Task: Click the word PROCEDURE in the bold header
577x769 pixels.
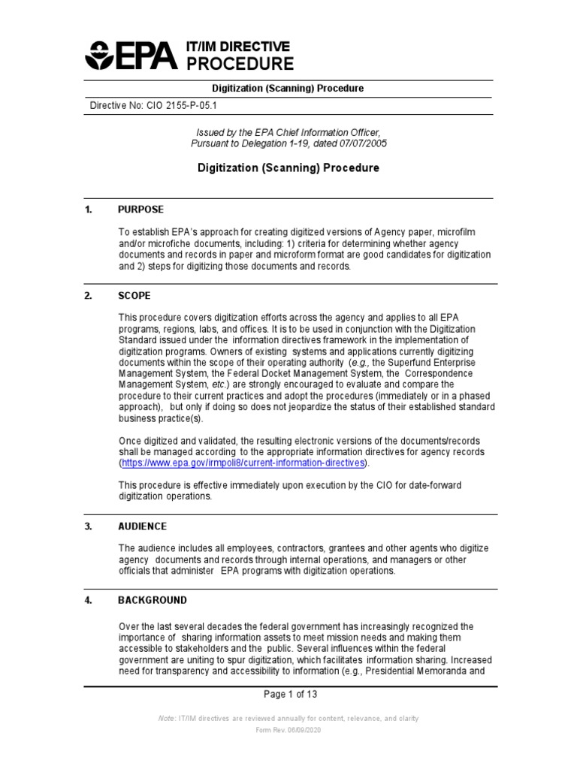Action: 240,63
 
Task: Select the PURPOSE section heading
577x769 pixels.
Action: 140,209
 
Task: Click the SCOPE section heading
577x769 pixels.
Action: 134,296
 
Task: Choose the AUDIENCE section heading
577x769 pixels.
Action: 142,526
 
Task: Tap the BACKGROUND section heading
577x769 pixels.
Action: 153,600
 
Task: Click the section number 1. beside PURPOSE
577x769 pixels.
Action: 88,209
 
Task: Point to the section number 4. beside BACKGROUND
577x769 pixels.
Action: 88,600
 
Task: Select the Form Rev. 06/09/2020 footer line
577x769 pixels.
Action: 288,731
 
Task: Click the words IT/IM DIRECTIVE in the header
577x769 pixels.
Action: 237,47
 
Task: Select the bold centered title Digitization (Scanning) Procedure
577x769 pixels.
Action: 288,167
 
